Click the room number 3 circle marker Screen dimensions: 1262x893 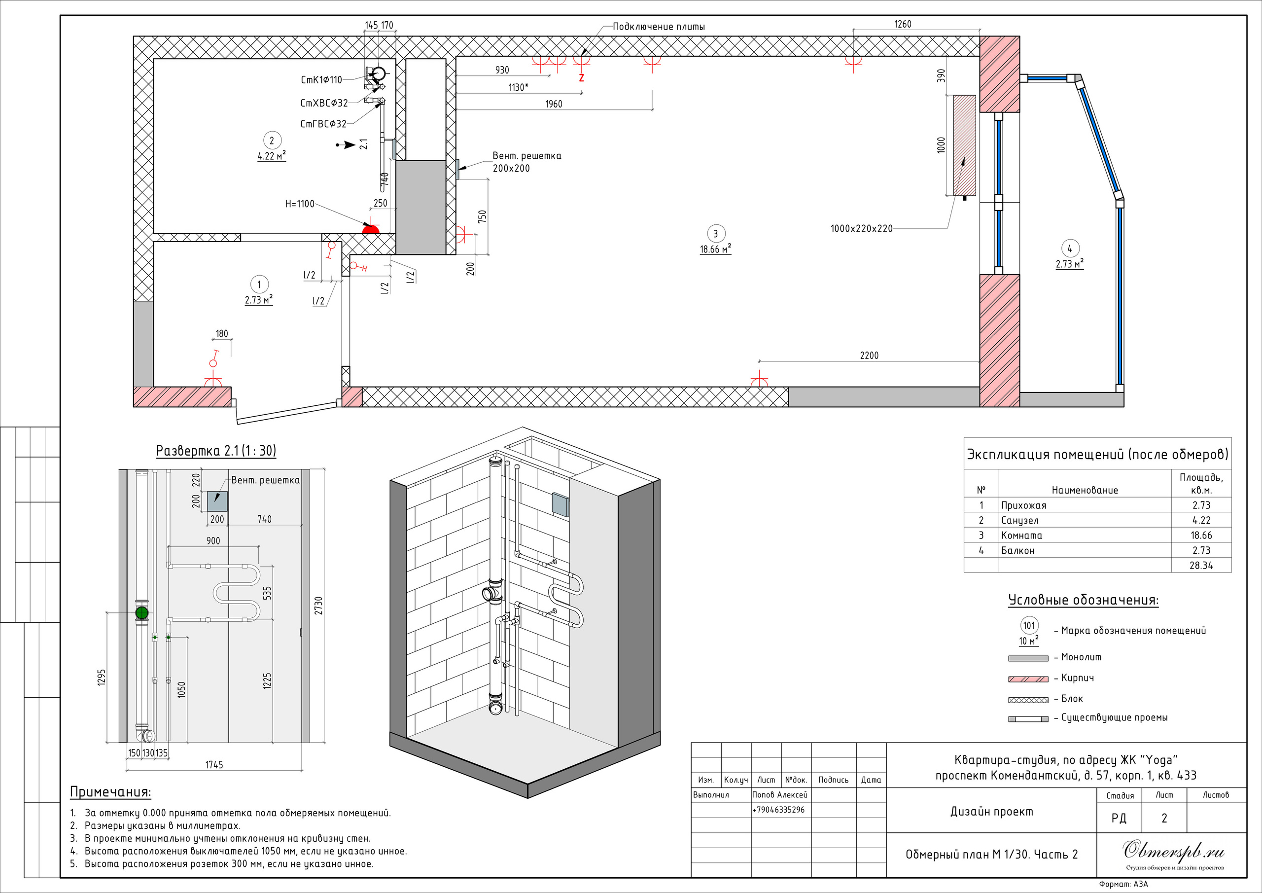(x=715, y=234)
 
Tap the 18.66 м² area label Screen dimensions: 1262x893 (x=715, y=249)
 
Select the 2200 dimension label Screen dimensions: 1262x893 (x=869, y=356)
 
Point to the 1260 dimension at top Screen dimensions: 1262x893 (x=903, y=24)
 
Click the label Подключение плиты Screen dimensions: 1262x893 (x=659, y=27)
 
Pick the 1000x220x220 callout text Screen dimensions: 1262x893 (x=861, y=229)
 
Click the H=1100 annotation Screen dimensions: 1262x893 (x=300, y=204)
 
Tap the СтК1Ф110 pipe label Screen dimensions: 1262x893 (x=321, y=80)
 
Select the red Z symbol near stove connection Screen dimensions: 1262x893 (x=582, y=78)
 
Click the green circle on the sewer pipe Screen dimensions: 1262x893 (x=142, y=612)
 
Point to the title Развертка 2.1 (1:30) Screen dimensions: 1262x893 (x=216, y=451)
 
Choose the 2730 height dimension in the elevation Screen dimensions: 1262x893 (x=319, y=606)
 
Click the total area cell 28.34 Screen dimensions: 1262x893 (x=1201, y=565)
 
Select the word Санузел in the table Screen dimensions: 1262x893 (x=1019, y=520)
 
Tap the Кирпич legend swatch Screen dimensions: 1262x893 (x=1028, y=679)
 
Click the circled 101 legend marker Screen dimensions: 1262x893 (x=1029, y=625)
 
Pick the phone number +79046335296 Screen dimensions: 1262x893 (x=778, y=810)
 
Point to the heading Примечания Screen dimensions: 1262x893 (x=110, y=792)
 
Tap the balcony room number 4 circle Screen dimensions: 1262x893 (x=1070, y=249)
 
